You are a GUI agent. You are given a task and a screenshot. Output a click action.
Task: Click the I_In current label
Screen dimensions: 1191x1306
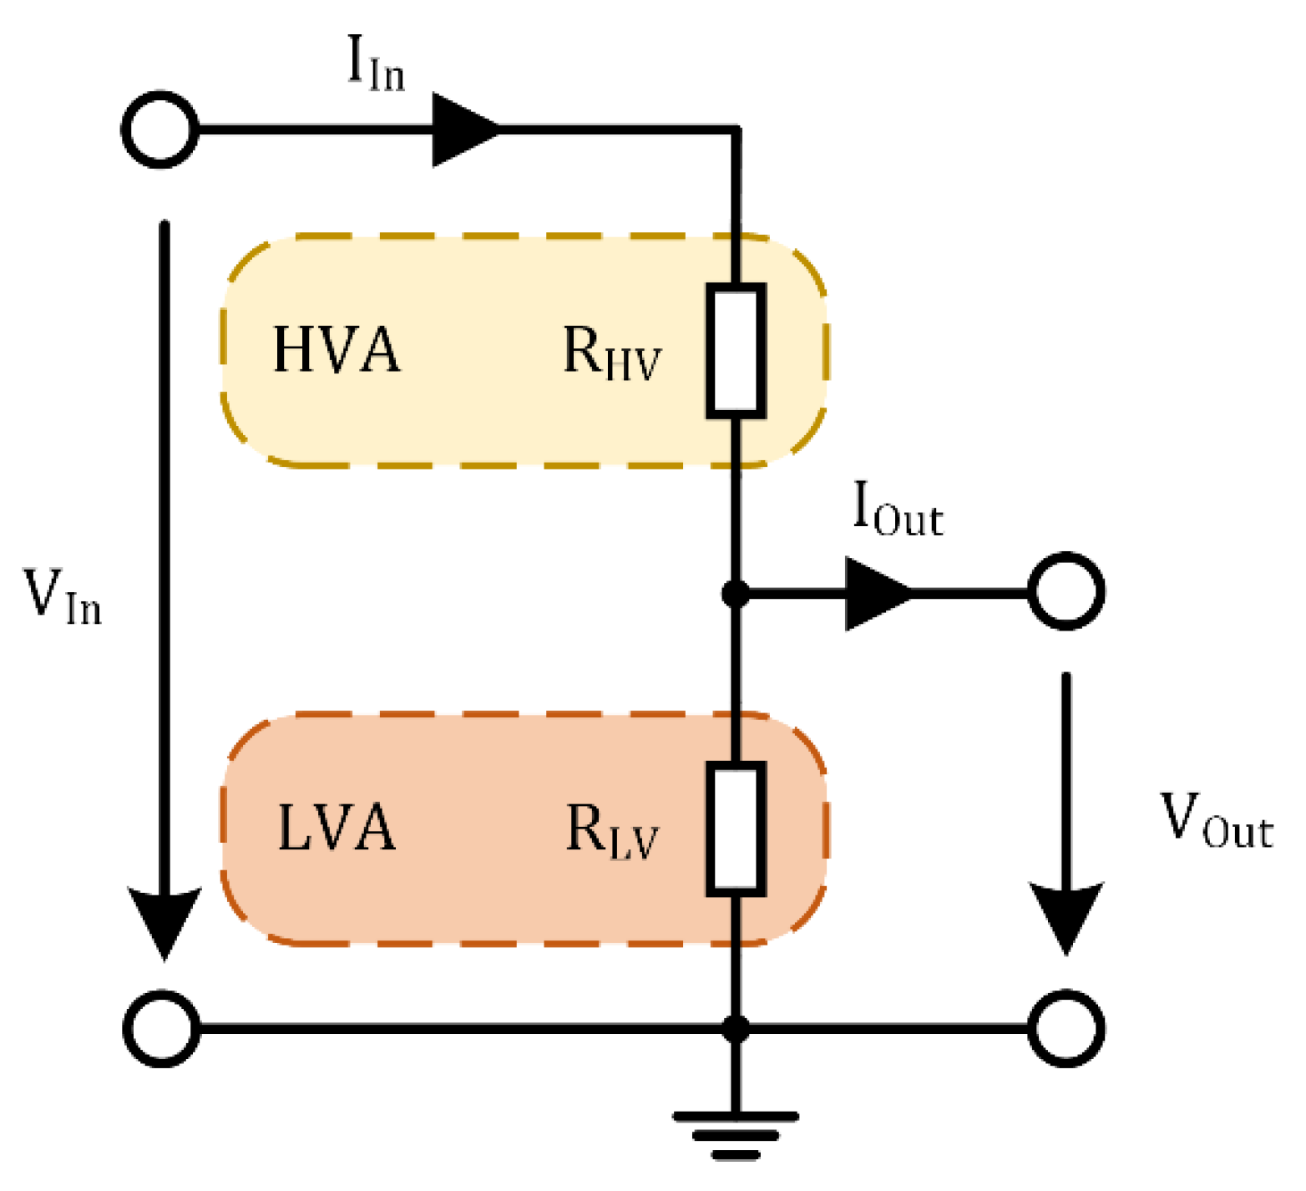click(375, 63)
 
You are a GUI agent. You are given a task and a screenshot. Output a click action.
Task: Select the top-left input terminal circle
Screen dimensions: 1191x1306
click(160, 129)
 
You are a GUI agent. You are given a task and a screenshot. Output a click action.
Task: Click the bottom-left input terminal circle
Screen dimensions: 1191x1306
click(161, 1028)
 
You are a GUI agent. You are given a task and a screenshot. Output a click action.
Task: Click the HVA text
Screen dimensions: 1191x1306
click(337, 350)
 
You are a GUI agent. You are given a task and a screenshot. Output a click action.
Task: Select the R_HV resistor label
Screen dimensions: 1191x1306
click(611, 353)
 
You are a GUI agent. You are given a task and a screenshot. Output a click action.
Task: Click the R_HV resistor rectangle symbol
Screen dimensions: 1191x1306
click(736, 351)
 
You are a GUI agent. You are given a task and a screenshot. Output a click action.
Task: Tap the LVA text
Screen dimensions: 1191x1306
click(337, 829)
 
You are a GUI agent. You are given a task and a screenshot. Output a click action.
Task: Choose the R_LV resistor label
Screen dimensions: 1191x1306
click(612, 832)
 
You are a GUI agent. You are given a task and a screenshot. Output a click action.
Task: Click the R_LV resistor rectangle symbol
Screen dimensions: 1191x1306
click(736, 829)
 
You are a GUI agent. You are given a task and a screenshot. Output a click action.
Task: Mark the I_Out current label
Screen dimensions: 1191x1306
click(898, 509)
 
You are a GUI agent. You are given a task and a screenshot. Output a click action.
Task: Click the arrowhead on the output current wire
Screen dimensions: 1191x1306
click(878, 594)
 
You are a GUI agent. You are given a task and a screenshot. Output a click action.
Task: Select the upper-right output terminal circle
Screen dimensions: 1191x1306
click(1066, 592)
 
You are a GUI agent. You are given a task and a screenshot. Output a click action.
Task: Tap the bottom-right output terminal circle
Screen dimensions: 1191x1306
click(1066, 1028)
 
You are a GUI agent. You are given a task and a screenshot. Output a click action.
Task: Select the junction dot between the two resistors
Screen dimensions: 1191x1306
click(736, 594)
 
